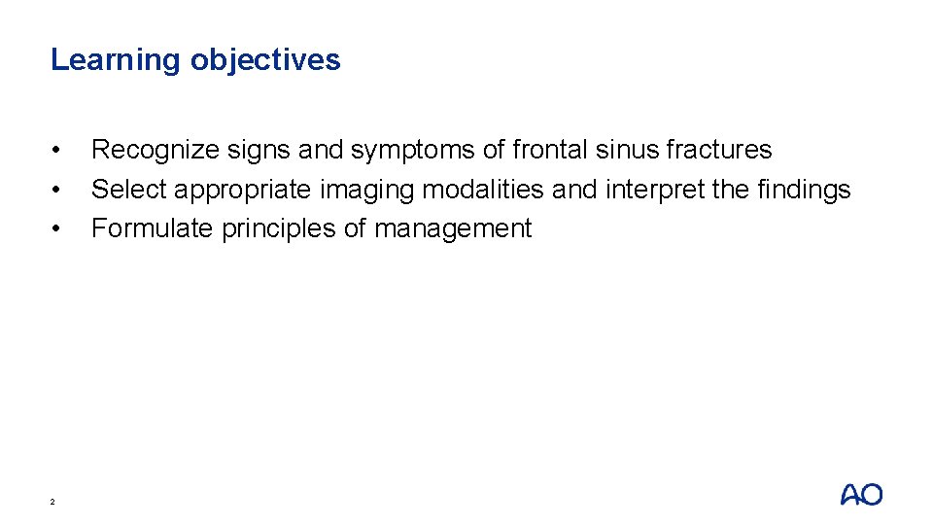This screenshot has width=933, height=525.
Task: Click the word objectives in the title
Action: click(265, 60)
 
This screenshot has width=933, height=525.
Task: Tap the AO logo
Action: click(861, 495)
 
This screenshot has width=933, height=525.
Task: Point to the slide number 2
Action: click(53, 502)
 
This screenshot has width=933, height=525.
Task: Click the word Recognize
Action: click(155, 151)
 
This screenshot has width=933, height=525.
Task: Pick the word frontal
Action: click(546, 150)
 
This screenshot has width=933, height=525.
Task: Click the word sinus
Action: click(623, 150)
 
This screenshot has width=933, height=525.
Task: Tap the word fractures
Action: click(719, 150)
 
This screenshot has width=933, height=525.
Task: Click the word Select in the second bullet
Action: click(128, 190)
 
